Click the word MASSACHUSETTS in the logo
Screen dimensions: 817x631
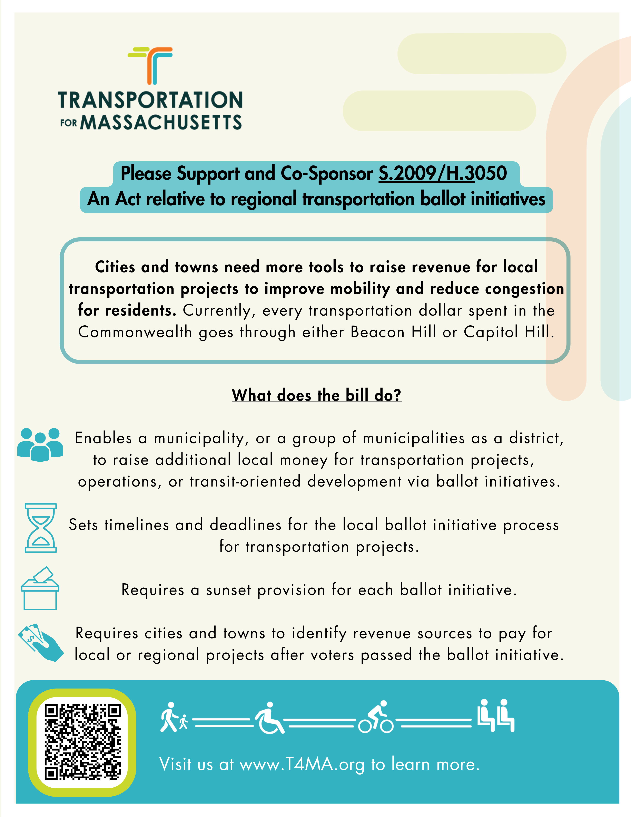pyautogui.click(x=161, y=122)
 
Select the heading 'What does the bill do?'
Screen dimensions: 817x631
pyautogui.click(x=317, y=395)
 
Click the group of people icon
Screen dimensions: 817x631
pyautogui.click(x=40, y=444)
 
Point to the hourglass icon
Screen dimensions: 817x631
pyautogui.click(x=41, y=528)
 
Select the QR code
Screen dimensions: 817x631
pyautogui.click(x=82, y=743)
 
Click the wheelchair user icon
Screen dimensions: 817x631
pyautogui.click(x=269, y=718)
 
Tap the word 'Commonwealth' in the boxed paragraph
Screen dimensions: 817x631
pyautogui.click(x=135, y=332)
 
